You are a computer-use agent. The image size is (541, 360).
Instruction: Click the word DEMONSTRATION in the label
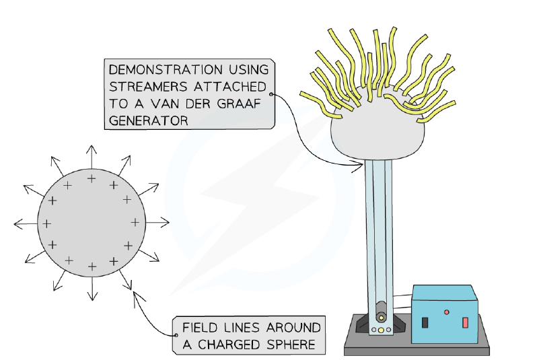coord(166,70)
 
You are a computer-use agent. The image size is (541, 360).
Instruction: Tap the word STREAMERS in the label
coord(148,87)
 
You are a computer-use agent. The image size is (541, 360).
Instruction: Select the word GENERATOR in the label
coord(148,120)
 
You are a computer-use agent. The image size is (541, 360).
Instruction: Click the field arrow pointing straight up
coord(92,157)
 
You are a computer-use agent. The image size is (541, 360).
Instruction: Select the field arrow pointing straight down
coord(92,289)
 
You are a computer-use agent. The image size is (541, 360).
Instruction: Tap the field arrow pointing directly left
coord(26,223)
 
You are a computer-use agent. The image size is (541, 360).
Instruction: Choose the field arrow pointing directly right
coord(157,223)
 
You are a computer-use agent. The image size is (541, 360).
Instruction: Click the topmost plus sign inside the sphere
coord(92,178)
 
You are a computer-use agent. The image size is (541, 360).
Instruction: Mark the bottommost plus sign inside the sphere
coord(92,266)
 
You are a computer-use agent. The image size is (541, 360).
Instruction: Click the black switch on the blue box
coord(425,322)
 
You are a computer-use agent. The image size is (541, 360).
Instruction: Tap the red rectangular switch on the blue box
coord(465,323)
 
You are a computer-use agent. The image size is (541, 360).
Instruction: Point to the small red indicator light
coord(447,312)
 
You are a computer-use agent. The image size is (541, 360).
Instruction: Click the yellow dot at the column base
coord(381,330)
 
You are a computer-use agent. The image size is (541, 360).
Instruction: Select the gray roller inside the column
coord(382,312)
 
